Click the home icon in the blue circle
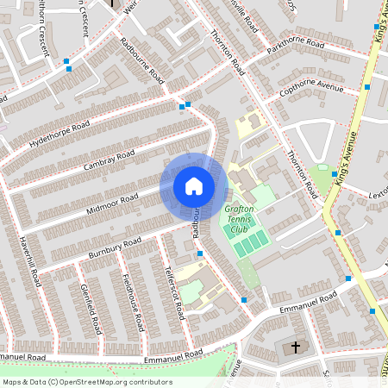coord(193,185)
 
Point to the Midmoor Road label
coord(112,205)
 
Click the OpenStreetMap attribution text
coord(86,382)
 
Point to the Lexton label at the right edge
coord(379,195)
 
